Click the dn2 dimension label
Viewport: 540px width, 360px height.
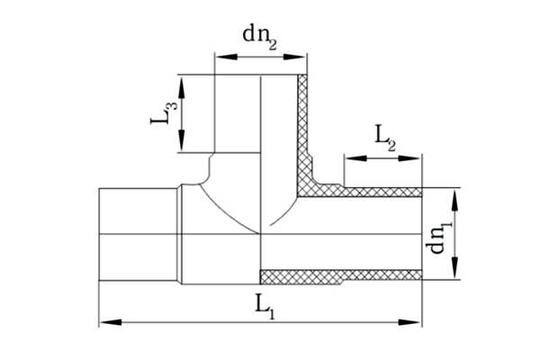click(260, 37)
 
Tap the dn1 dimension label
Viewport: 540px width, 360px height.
click(439, 238)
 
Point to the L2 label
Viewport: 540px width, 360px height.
click(385, 139)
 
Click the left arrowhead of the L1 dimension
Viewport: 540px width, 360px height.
click(110, 322)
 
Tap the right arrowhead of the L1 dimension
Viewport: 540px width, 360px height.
click(410, 322)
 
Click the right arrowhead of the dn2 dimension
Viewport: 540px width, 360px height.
click(295, 57)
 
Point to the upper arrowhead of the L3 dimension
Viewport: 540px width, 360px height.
click(182, 86)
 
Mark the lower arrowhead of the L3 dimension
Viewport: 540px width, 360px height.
click(182, 140)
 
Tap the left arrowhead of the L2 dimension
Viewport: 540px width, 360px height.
click(355, 158)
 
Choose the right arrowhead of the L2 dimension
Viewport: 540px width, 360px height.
click(409, 158)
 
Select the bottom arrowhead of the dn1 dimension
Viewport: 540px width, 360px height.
click(454, 267)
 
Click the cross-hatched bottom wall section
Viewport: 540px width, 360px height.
click(341, 276)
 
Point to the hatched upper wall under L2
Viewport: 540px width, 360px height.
click(382, 193)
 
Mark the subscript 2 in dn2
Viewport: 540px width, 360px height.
click(272, 45)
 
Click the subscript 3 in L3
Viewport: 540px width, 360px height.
click(173, 104)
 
